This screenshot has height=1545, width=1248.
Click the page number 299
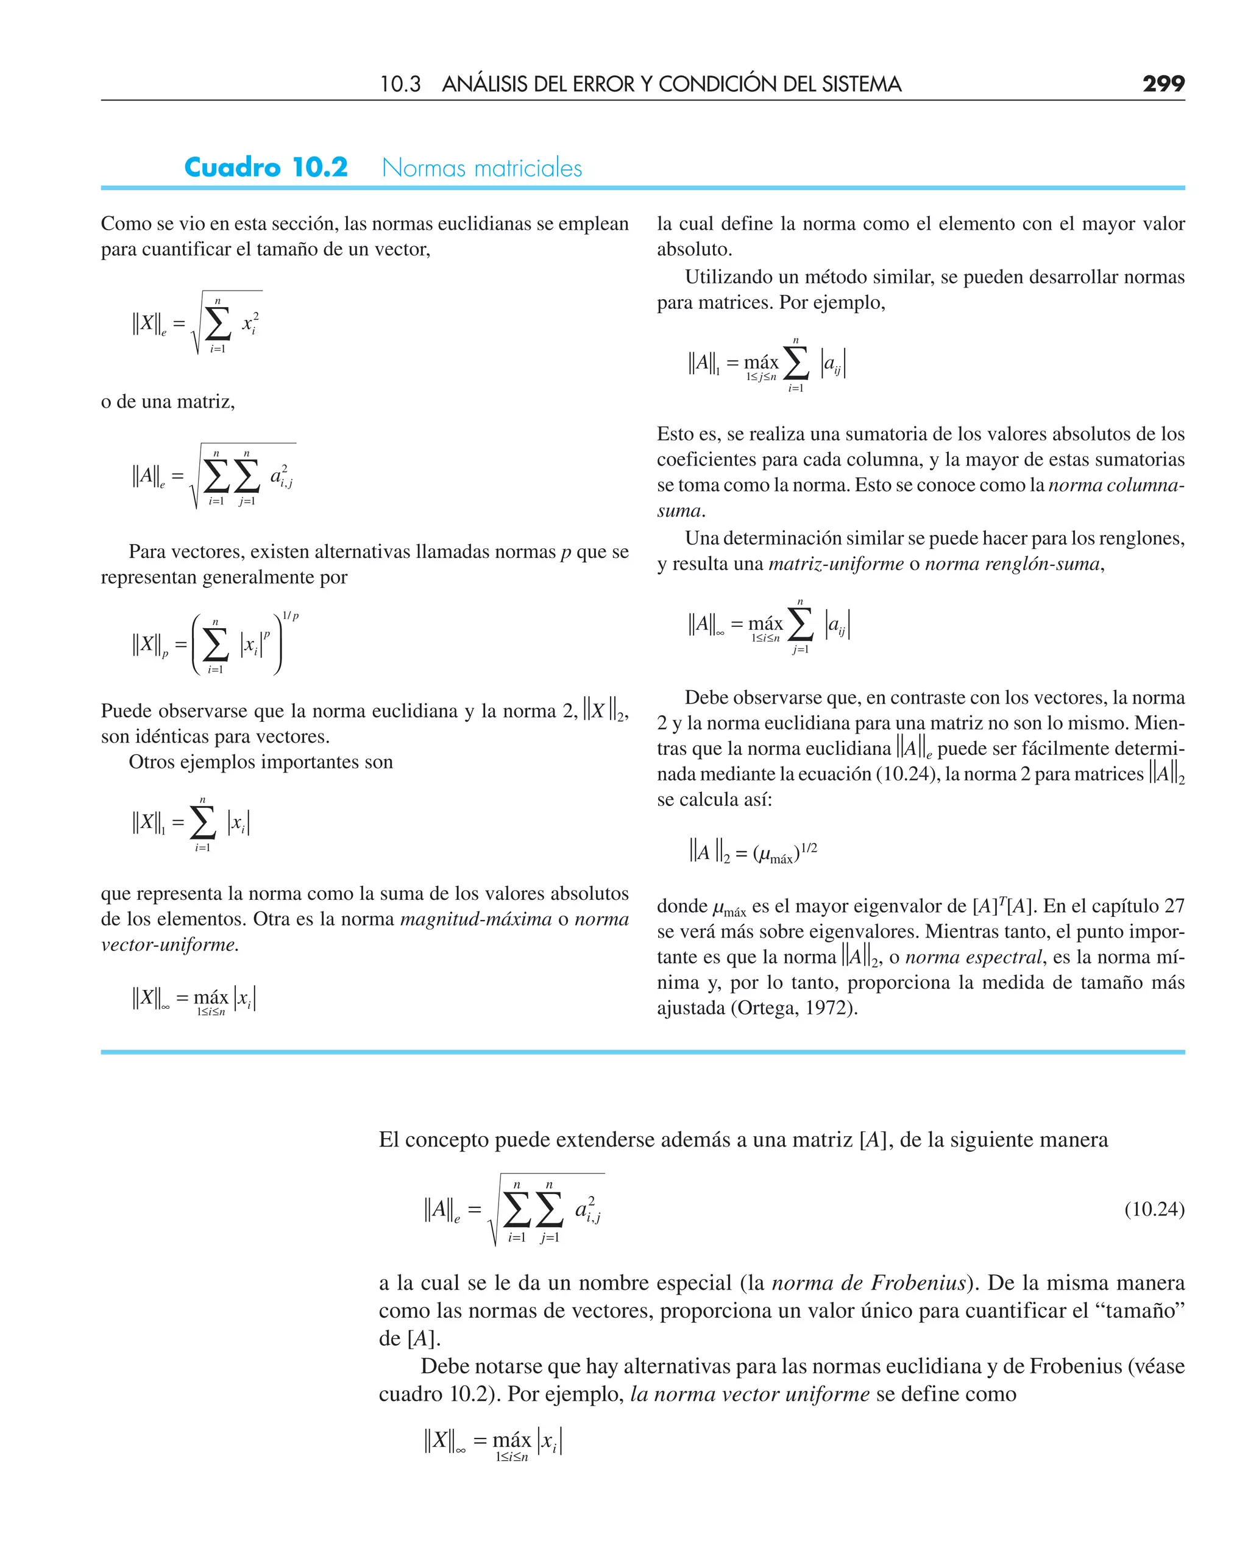point(1163,84)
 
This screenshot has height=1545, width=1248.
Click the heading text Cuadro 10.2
point(266,168)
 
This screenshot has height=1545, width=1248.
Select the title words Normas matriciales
point(481,168)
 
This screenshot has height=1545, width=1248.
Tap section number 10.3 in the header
point(400,85)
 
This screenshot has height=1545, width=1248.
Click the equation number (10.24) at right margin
point(1154,1209)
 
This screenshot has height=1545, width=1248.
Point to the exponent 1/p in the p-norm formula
point(291,616)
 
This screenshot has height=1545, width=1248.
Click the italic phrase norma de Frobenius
point(868,1282)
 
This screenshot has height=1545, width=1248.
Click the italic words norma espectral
point(973,957)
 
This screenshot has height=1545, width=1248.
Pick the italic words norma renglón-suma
point(1012,564)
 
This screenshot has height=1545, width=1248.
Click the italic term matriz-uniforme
point(835,564)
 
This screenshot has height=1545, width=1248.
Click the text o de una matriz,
point(168,401)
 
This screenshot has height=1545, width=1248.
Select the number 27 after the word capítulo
point(1174,905)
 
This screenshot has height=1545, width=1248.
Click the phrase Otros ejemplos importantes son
point(260,762)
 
